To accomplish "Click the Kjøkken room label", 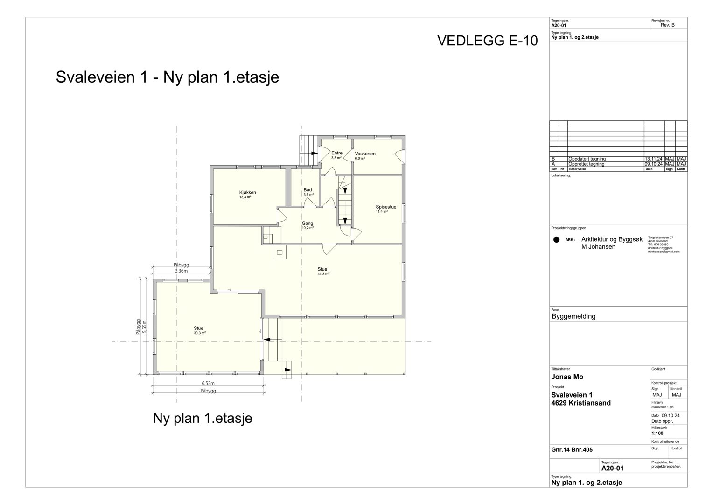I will (x=247, y=192).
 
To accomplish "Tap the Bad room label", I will (x=308, y=189).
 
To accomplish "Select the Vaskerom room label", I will (x=365, y=154).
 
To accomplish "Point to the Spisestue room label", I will (x=386, y=207).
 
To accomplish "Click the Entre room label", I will (x=336, y=153).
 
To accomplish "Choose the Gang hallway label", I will (x=307, y=223).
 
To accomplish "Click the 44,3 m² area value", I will (x=323, y=274).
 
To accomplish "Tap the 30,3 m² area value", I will (x=200, y=333).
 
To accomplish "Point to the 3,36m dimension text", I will (x=181, y=271).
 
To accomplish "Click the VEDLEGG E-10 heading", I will (x=487, y=41).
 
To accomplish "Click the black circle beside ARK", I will (x=556, y=240).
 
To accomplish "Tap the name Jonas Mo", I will (x=567, y=377).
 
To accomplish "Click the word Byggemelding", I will (x=573, y=316).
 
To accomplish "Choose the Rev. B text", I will (x=668, y=25).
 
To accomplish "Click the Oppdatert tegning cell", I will (x=587, y=159).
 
